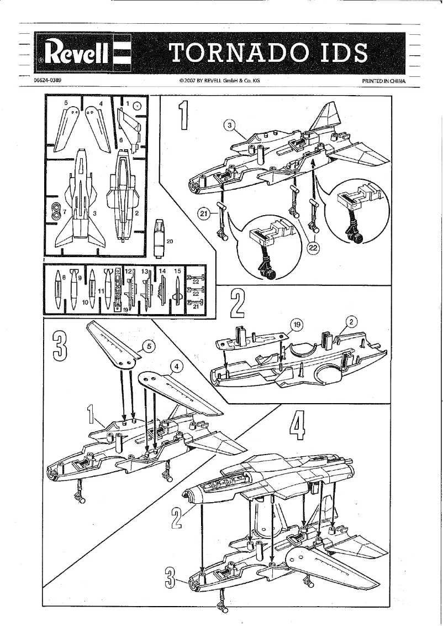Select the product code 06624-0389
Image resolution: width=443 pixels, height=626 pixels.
[x=47, y=80]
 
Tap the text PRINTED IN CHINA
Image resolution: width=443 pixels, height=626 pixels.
[x=383, y=81]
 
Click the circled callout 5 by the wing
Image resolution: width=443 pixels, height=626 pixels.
[x=147, y=347]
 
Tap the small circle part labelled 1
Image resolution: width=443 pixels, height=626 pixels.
[x=137, y=106]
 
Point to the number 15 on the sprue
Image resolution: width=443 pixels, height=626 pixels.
[x=177, y=272]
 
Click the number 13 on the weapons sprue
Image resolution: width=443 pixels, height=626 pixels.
[x=145, y=272]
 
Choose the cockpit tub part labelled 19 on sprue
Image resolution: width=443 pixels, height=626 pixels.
[x=117, y=290]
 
